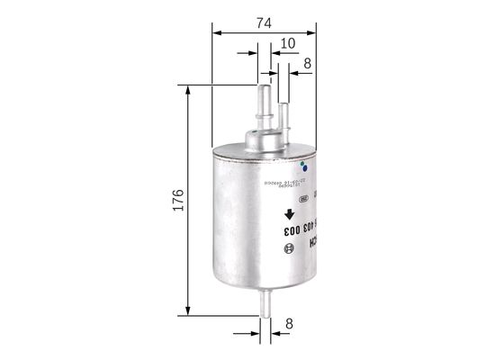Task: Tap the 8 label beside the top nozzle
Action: pos(308,64)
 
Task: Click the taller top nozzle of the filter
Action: pos(265,104)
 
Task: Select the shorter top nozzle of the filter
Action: pos(283,116)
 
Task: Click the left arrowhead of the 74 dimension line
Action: pos(217,32)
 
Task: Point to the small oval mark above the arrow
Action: pos(304,199)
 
